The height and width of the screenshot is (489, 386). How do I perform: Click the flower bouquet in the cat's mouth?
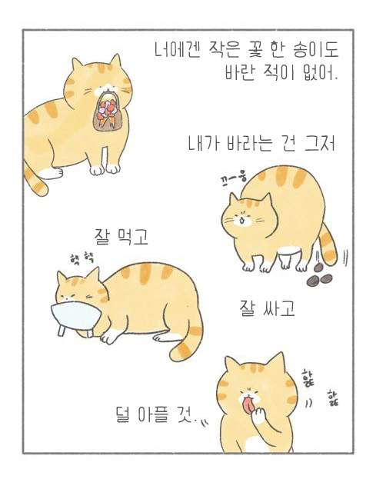click(x=108, y=111)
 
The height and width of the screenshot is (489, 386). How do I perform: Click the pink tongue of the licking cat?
click(x=248, y=405)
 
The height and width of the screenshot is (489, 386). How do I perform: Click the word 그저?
click(x=320, y=144)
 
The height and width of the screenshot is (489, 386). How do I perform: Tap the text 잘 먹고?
click(x=121, y=236)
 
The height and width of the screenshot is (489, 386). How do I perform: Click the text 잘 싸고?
click(x=267, y=309)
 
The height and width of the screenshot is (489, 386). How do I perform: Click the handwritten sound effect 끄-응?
click(x=233, y=178)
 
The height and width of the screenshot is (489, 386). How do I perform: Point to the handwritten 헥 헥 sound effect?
click(x=82, y=258)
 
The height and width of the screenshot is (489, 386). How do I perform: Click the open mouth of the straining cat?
click(x=241, y=221)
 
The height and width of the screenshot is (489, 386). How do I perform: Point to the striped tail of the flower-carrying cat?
click(x=35, y=181)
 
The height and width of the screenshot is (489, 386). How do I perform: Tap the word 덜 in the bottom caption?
click(x=123, y=414)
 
